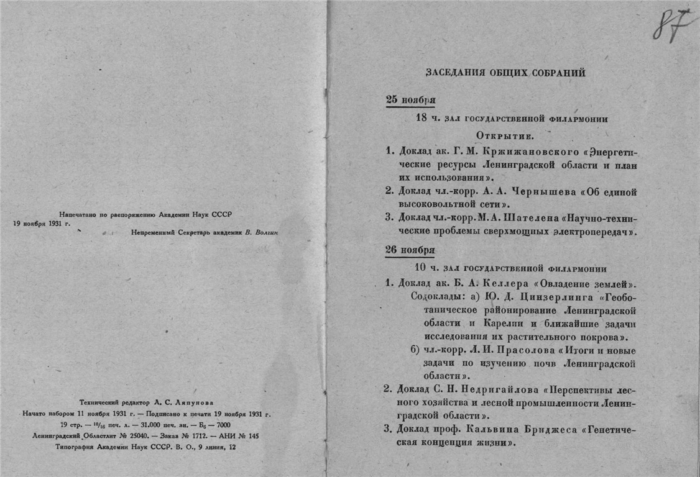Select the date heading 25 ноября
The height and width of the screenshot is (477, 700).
click(x=410, y=100)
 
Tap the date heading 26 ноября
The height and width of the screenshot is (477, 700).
click(x=410, y=250)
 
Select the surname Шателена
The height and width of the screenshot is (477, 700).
click(x=548, y=218)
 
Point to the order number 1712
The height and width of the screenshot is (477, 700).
click(x=195, y=435)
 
